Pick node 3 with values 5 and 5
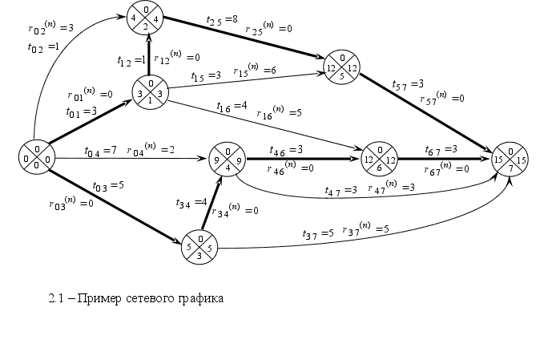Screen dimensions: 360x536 [199, 246]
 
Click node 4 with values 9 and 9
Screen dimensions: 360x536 [227, 160]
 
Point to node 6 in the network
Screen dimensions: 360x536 [379, 160]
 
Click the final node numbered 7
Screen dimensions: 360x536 [510, 158]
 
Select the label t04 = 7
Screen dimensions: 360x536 [101, 151]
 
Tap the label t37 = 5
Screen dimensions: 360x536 [317, 234]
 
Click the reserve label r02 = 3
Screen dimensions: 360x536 [50, 29]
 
